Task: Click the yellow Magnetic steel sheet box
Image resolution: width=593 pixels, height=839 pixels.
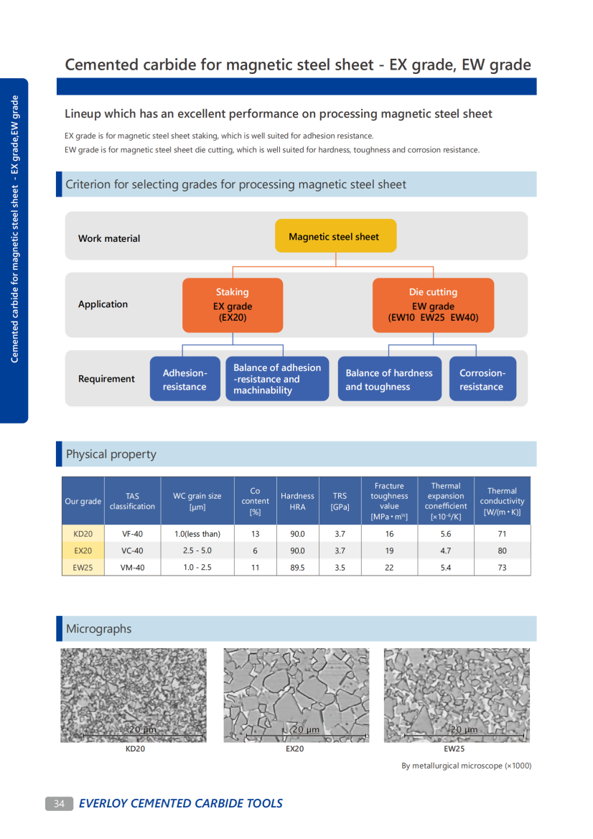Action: coord(335,236)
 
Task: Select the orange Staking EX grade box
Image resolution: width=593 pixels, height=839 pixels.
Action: coord(233,305)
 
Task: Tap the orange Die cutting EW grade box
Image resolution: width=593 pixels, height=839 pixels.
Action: coord(433,305)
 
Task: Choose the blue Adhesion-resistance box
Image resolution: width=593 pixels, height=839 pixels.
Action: coord(185,379)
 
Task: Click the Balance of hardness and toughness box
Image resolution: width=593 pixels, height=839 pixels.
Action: coord(389,379)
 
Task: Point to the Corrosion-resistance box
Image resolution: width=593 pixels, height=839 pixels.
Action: coord(482,379)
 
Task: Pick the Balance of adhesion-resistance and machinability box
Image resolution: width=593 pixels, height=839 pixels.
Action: coord(277,379)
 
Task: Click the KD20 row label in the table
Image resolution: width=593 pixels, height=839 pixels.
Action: coord(83,534)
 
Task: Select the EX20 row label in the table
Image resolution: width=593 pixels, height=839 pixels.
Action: coord(83,550)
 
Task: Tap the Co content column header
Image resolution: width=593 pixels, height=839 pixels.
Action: coord(255,501)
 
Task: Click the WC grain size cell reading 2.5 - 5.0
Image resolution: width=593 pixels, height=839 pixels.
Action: coord(197,550)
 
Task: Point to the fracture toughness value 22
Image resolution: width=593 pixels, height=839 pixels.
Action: coord(389,567)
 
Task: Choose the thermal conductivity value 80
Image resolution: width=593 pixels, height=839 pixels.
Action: coord(502,550)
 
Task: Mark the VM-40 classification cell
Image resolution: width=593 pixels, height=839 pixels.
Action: coord(132,567)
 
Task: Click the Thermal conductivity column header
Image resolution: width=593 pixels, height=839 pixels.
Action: coord(502,501)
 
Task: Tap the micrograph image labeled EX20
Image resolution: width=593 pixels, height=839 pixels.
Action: coord(296,695)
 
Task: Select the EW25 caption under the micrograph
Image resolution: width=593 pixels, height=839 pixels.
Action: coord(454,749)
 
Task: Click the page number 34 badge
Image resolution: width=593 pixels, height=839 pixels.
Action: coord(59,804)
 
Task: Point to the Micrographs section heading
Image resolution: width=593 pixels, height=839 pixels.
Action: coord(99,629)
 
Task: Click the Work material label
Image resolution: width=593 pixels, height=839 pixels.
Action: coord(109,238)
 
